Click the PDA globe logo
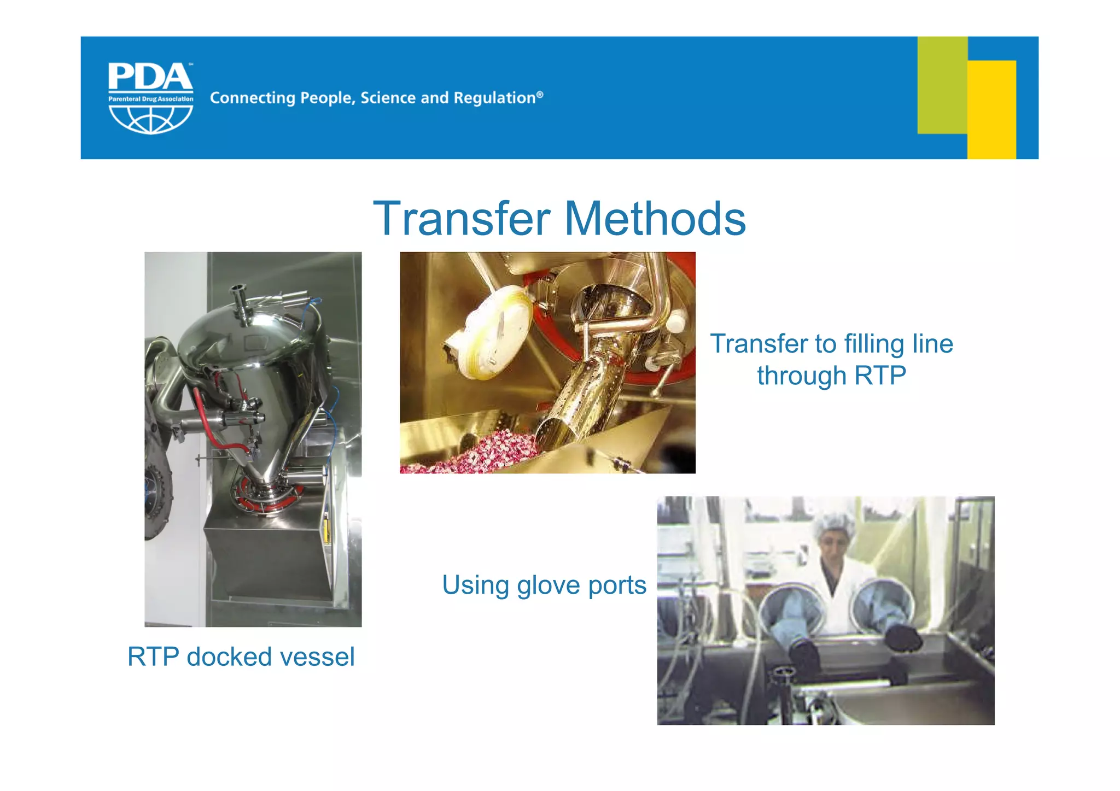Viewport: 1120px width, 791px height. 150,98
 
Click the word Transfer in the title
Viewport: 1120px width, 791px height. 462,219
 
